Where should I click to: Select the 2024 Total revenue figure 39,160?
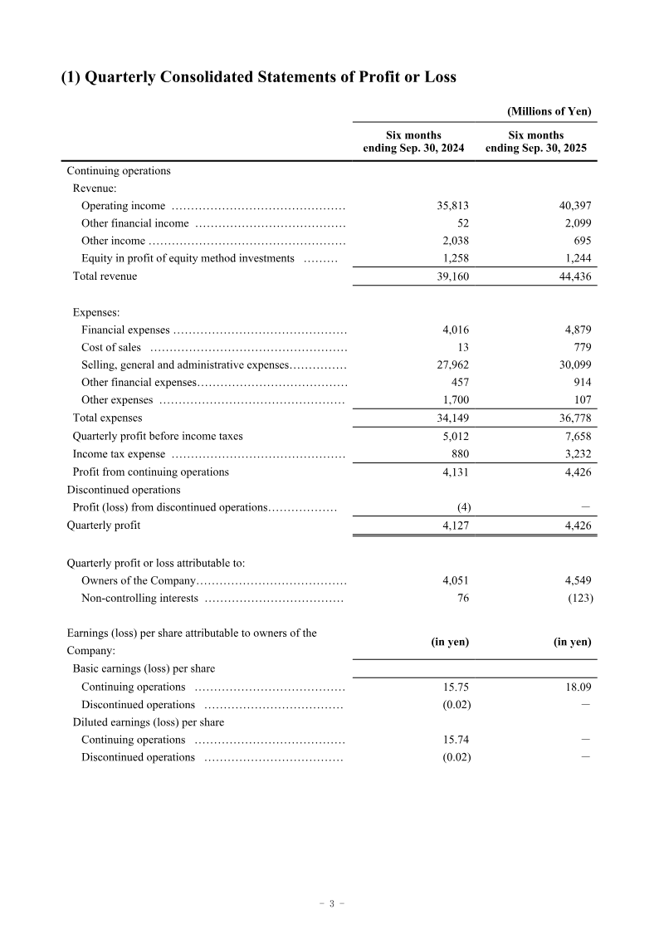click(x=453, y=276)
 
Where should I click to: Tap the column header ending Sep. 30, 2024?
click(x=413, y=142)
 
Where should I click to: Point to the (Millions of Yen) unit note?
click(x=549, y=111)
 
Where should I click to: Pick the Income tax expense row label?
click(x=120, y=454)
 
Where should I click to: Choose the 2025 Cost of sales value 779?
click(x=579, y=347)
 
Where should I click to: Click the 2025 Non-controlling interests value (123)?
click(x=579, y=598)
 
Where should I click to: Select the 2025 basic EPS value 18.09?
click(x=577, y=687)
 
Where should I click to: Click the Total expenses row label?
click(x=107, y=418)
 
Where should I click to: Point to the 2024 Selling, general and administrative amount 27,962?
click(x=453, y=364)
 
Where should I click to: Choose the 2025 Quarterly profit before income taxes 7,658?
click(x=577, y=436)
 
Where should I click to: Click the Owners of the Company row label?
click(x=139, y=580)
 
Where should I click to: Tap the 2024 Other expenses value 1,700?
click(x=456, y=400)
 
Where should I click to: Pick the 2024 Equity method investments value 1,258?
click(x=456, y=258)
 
